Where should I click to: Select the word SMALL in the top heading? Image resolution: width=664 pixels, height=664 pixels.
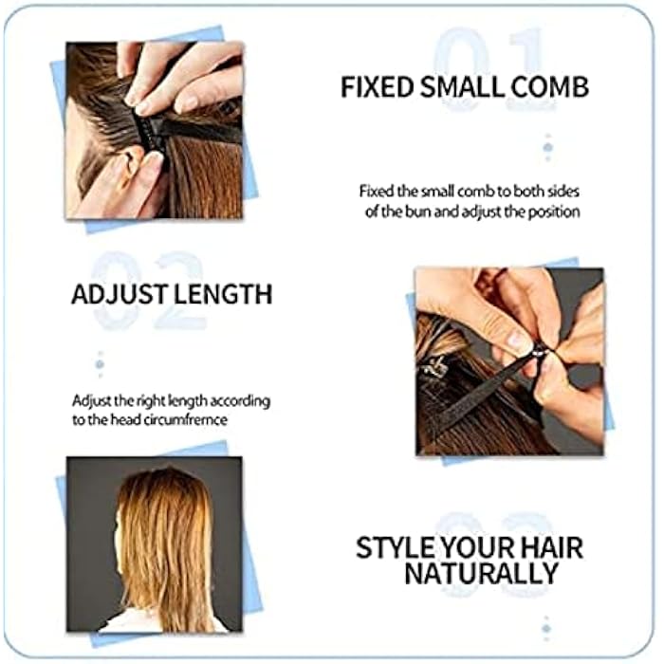(x=464, y=88)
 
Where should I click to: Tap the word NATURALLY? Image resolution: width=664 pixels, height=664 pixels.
(x=481, y=575)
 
